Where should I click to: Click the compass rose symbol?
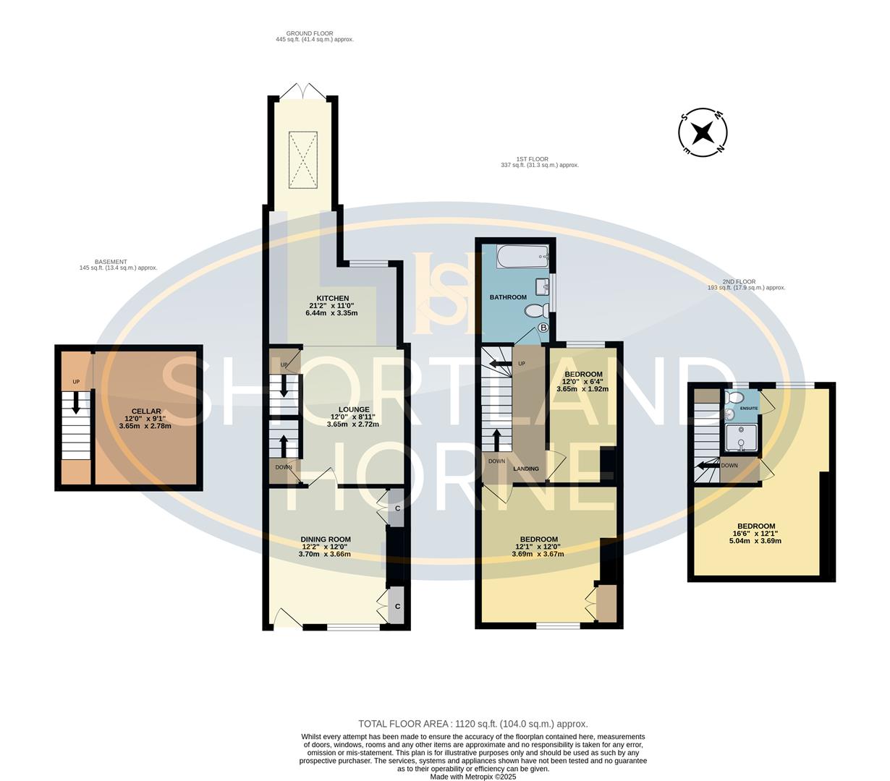tap(702, 132)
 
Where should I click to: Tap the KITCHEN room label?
tap(333, 298)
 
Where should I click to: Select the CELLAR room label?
tap(145, 411)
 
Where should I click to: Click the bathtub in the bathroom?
tap(522, 256)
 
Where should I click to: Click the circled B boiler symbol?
tap(543, 328)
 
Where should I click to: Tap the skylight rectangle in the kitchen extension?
tap(302, 158)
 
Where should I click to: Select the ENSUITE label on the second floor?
tap(748, 409)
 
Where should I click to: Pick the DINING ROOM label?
tap(326, 539)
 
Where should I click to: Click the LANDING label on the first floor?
tap(526, 469)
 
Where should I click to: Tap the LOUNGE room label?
tap(334, 409)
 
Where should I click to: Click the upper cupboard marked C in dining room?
tap(397, 509)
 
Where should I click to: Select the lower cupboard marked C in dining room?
tap(397, 606)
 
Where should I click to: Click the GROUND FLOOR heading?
tap(309, 33)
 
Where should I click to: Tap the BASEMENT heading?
tap(111, 262)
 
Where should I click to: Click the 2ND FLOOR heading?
tap(738, 281)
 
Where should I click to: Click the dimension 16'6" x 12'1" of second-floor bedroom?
tap(756, 534)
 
